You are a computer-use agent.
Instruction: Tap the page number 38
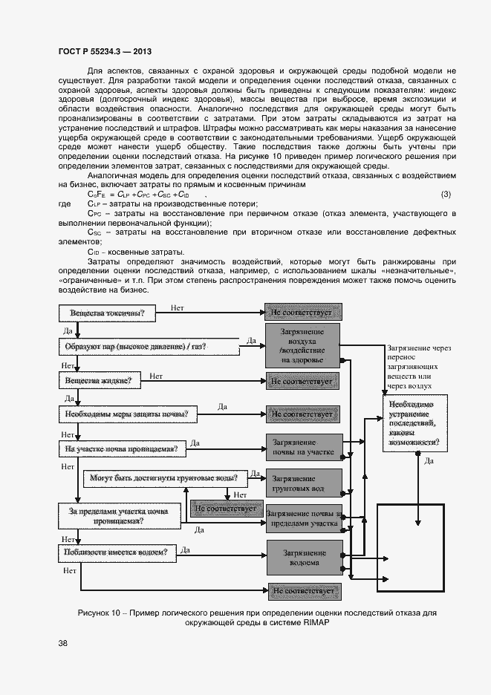(x=63, y=643)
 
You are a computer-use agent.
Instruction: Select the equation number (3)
(x=446, y=195)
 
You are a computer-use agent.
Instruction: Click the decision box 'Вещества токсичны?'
(x=108, y=314)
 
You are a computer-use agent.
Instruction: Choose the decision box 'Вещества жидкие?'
(x=99, y=381)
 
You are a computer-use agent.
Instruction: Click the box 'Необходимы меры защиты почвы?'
(x=126, y=414)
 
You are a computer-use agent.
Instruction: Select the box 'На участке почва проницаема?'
(x=121, y=448)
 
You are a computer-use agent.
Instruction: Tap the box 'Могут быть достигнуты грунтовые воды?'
(x=164, y=478)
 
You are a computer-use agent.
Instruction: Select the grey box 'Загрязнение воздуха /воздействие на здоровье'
(x=302, y=345)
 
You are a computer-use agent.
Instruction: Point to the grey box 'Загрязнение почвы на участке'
(x=304, y=447)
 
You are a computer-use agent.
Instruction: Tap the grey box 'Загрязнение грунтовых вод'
(x=304, y=483)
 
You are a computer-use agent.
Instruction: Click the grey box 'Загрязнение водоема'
(x=304, y=558)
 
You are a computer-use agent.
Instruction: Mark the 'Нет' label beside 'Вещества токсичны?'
(x=178, y=307)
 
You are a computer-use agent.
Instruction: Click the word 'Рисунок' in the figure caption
(x=95, y=613)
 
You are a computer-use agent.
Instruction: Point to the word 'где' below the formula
(x=64, y=204)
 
